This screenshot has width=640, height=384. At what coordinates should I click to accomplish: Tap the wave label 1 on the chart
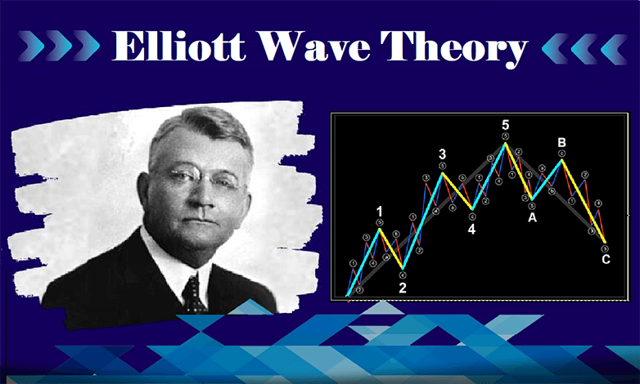[x=380, y=212]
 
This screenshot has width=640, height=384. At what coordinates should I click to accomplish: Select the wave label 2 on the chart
[x=402, y=288]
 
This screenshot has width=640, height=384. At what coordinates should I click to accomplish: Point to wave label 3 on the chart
[x=442, y=154]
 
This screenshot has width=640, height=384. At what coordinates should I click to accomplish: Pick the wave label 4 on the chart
[x=471, y=229]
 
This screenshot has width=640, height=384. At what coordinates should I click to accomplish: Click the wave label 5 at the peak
[x=506, y=124]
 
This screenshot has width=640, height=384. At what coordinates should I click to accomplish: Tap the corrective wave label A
[x=532, y=217]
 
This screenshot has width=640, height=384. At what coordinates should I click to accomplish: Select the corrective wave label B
[x=561, y=142]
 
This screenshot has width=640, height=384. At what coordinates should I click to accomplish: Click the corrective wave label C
[x=605, y=261]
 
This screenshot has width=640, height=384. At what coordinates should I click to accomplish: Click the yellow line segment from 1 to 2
[x=391, y=249]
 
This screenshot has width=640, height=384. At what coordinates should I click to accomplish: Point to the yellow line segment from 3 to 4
[x=457, y=190]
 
